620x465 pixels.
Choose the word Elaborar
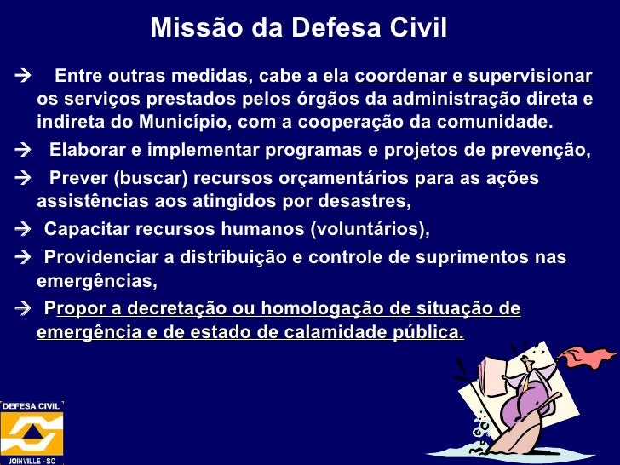coord(86,152)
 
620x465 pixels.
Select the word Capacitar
coord(83,231)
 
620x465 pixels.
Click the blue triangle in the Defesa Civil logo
coord(31,432)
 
